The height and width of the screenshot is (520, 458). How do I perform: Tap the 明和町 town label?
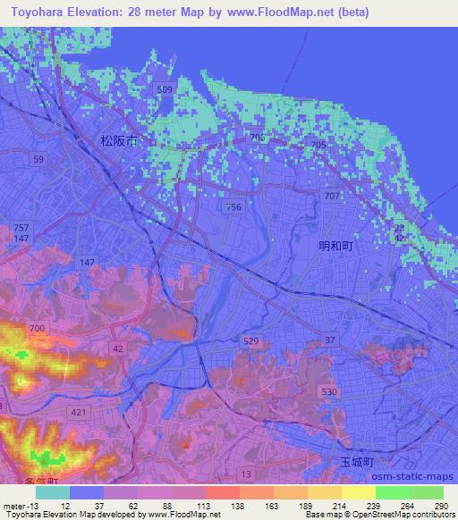click(x=336, y=246)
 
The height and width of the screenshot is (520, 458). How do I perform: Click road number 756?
click(x=233, y=206)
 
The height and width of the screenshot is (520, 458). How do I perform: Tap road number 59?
click(x=38, y=159)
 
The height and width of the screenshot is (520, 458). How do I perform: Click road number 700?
click(x=37, y=329)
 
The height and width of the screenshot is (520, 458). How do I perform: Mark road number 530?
click(x=329, y=392)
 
